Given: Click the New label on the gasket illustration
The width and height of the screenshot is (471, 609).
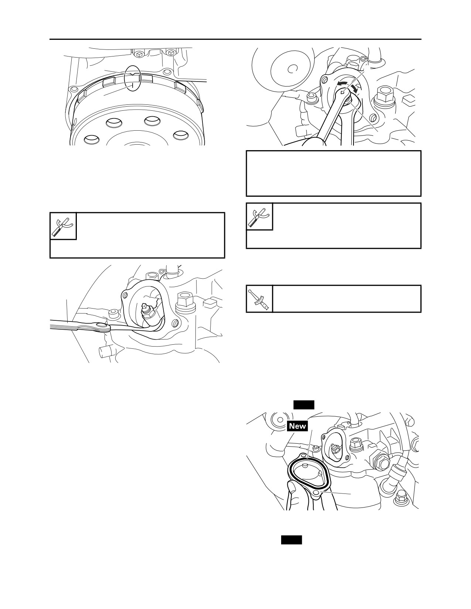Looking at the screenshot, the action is [297, 426].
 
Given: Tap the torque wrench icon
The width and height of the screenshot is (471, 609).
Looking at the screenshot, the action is [259, 299].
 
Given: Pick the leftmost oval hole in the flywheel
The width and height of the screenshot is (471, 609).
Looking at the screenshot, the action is [92, 139].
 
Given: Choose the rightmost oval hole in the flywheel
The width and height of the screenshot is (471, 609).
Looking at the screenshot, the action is [182, 135].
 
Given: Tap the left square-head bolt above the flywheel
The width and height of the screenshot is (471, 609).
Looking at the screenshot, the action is [139, 53].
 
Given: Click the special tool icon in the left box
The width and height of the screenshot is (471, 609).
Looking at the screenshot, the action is [63, 226].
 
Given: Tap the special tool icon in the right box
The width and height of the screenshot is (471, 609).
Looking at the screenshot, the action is [259, 217].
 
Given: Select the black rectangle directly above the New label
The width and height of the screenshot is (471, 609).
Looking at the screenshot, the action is [304, 405].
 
